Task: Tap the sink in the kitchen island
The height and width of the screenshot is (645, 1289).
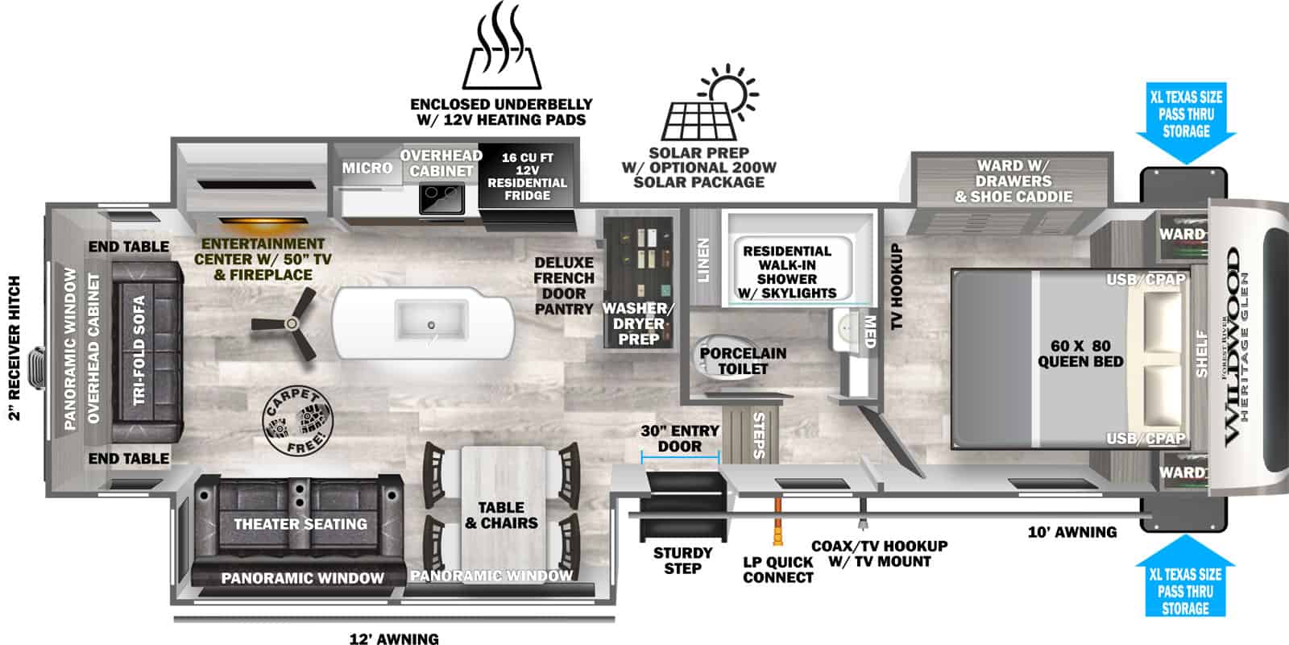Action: click(431, 320)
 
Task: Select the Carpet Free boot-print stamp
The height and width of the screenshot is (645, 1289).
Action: click(297, 421)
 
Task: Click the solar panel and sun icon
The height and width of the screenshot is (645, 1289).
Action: click(710, 102)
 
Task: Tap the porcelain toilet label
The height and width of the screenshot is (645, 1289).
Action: click(743, 361)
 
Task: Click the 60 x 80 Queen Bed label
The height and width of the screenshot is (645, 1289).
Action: click(1080, 354)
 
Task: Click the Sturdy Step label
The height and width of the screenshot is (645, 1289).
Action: click(682, 560)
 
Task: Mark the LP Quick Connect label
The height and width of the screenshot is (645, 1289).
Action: click(778, 569)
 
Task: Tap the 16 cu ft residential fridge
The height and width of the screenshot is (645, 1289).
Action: click(527, 185)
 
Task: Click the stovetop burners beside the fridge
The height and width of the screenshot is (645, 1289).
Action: click(442, 198)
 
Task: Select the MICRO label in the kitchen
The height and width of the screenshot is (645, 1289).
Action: click(367, 169)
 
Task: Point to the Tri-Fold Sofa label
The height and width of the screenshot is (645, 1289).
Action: click(139, 351)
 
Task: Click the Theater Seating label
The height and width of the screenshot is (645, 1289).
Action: click(300, 524)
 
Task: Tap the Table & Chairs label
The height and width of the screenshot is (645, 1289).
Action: click(501, 515)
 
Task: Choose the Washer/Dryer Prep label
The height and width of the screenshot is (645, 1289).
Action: click(638, 323)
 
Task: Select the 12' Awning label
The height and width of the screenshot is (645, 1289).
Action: click(394, 638)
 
